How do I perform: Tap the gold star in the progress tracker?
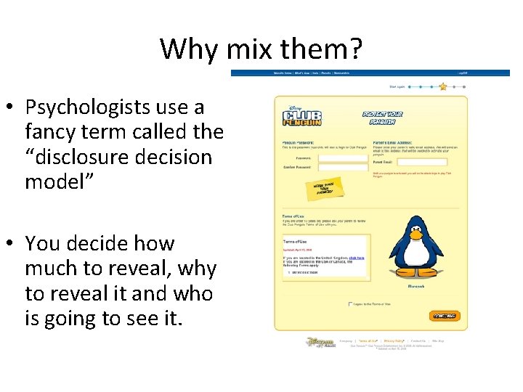443,86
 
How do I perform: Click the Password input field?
344,158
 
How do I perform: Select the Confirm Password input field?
344,168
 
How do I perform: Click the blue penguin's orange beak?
416,235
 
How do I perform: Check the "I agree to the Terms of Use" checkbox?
350,303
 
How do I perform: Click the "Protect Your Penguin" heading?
384,116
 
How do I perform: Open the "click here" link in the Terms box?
356,258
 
